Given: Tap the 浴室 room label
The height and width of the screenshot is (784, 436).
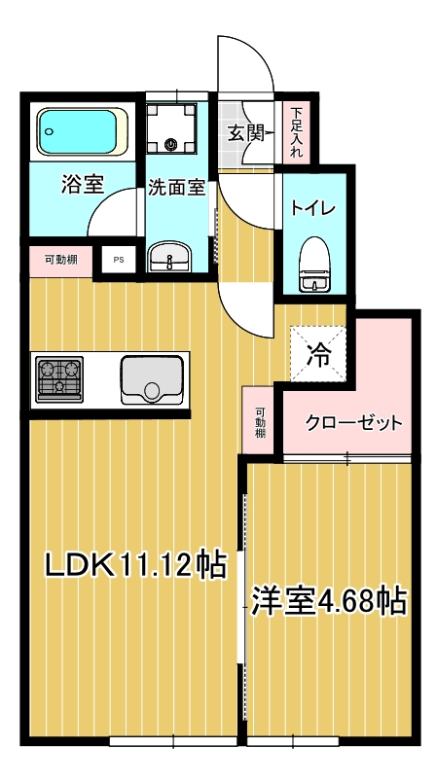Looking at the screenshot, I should click(x=83, y=184).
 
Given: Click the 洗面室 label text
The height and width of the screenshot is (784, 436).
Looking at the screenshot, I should click(x=177, y=188).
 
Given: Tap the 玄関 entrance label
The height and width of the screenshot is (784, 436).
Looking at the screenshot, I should click(x=245, y=133).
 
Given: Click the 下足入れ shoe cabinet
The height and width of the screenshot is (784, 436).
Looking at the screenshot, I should click(x=296, y=132).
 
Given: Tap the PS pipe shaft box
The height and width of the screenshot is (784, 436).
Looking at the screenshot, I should click(x=119, y=260).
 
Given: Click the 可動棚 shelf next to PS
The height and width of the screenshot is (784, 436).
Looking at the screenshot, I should click(x=60, y=260).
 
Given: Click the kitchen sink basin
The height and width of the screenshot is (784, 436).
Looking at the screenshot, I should click(x=152, y=377).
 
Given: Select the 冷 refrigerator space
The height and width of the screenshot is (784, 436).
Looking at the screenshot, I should click(x=317, y=353).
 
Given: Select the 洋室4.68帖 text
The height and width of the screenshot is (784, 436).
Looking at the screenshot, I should click(x=328, y=600).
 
